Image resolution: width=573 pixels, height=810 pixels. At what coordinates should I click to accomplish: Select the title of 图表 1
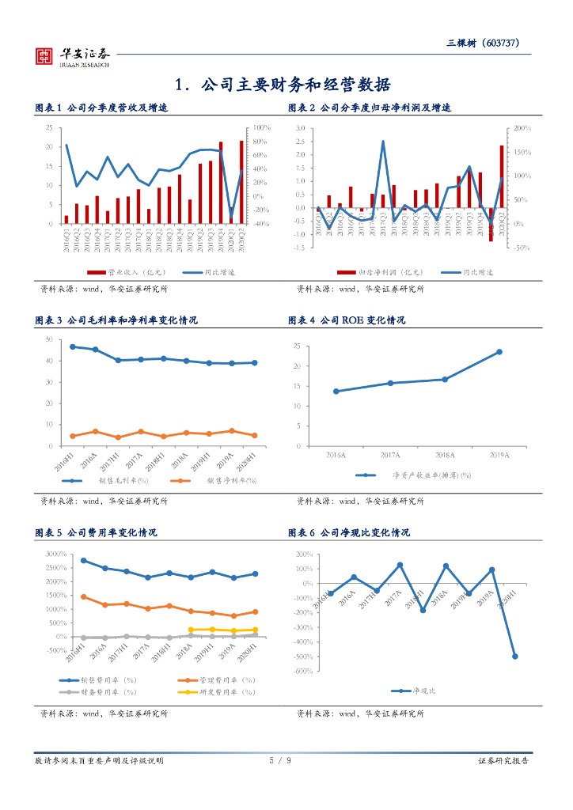[102, 108]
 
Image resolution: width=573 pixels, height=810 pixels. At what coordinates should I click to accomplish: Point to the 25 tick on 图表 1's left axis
[50, 128]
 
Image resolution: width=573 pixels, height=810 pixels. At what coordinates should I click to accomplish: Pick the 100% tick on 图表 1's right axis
[262, 128]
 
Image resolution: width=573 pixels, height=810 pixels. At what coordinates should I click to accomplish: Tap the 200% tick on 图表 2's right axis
[522, 128]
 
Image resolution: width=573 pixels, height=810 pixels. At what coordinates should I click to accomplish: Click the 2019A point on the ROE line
[499, 352]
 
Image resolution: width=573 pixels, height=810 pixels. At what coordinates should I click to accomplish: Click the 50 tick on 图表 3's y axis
[49, 340]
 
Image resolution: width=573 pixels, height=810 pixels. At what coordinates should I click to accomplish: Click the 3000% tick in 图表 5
[55, 554]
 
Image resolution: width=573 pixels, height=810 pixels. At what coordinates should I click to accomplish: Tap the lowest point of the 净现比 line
[515, 657]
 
